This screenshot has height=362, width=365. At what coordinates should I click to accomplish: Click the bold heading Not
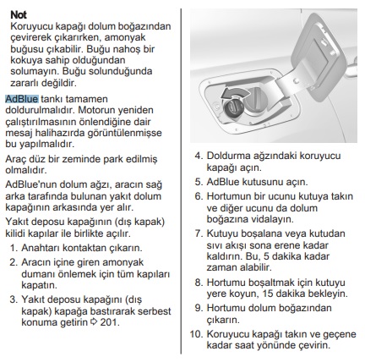click(x=19, y=15)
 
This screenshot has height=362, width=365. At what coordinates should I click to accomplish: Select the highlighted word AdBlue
click(x=22, y=99)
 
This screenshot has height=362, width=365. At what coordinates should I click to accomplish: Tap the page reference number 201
click(x=110, y=322)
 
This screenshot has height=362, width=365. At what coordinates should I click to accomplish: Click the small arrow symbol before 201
click(x=94, y=322)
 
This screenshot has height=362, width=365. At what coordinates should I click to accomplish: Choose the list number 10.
click(x=197, y=334)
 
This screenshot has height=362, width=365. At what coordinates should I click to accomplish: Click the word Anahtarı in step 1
click(x=41, y=248)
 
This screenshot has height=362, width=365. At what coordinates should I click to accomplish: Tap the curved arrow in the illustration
click(x=234, y=93)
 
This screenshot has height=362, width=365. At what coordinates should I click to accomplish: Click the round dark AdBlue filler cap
click(x=233, y=108)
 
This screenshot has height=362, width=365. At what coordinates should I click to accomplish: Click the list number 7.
click(x=199, y=233)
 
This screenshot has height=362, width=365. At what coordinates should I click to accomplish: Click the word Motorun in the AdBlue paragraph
click(x=95, y=110)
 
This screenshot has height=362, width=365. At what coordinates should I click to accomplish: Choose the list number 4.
click(x=199, y=156)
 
